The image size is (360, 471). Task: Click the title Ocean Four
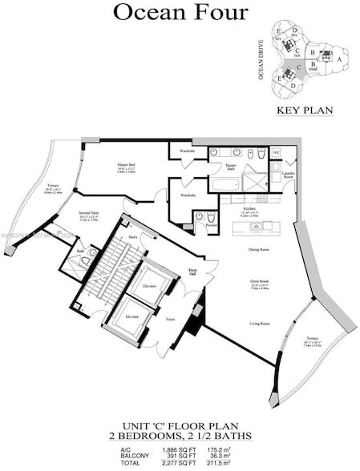click(x=180, y=12)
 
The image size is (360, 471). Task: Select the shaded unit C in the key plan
click(x=298, y=69)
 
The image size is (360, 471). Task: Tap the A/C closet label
click(x=276, y=152)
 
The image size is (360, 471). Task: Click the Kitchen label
click(x=249, y=208)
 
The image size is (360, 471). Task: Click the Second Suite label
click(x=88, y=214)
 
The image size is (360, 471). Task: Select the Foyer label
click(x=170, y=318)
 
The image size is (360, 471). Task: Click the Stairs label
click(x=133, y=237)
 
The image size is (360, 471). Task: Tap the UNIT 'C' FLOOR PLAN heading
click(x=180, y=426)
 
